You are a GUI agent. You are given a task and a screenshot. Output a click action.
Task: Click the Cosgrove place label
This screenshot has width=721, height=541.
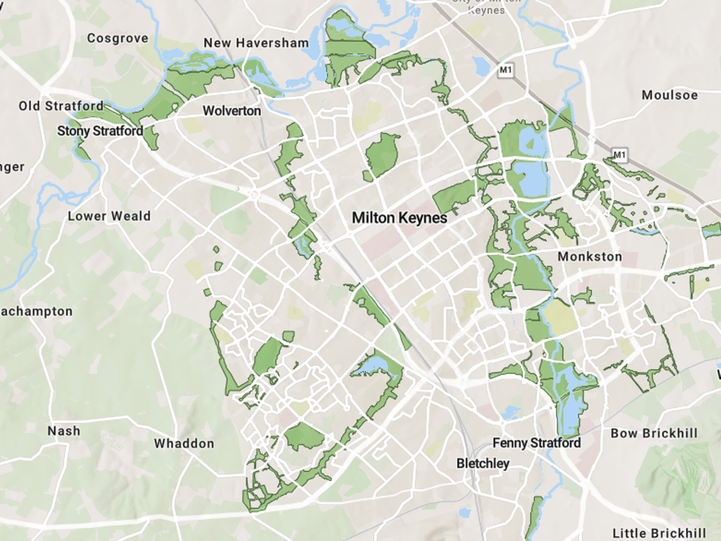pyautogui.click(x=117, y=38)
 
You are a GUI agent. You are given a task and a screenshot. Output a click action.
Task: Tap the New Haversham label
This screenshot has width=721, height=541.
pyautogui.click(x=256, y=43)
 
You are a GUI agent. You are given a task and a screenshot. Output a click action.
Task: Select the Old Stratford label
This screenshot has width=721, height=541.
pyautogui.click(x=61, y=106)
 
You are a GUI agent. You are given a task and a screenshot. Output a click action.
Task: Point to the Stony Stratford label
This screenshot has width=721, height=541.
pyautogui.click(x=100, y=130)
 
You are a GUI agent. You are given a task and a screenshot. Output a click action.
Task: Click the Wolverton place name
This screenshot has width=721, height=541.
pyautogui.click(x=232, y=111)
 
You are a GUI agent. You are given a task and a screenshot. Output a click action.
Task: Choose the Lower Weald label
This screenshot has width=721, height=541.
pyautogui.click(x=109, y=216)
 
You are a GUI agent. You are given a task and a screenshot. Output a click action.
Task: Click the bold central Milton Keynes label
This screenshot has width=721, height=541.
pyautogui.click(x=400, y=218)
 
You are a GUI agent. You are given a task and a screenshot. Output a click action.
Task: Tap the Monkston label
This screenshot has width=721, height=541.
pyautogui.click(x=590, y=257)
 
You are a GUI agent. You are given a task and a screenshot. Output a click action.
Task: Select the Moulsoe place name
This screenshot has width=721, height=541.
pyautogui.click(x=669, y=95)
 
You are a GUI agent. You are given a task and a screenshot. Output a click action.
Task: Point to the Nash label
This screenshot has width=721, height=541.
pyautogui.click(x=64, y=430)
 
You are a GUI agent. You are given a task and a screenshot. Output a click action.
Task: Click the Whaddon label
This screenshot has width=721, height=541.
pyautogui.click(x=184, y=444)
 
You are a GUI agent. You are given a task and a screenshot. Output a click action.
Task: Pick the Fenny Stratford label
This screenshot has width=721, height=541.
pyautogui.click(x=537, y=443)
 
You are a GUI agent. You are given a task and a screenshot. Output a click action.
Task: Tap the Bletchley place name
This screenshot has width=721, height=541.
pyautogui.click(x=483, y=463)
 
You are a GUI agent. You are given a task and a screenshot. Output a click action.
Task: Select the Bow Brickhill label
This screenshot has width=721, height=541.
pyautogui.click(x=654, y=433)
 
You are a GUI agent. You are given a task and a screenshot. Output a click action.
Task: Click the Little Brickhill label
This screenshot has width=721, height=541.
pyautogui.click(x=659, y=533)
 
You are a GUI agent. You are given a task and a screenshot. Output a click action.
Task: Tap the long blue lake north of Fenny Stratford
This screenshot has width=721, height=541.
pyautogui.click(x=568, y=409)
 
